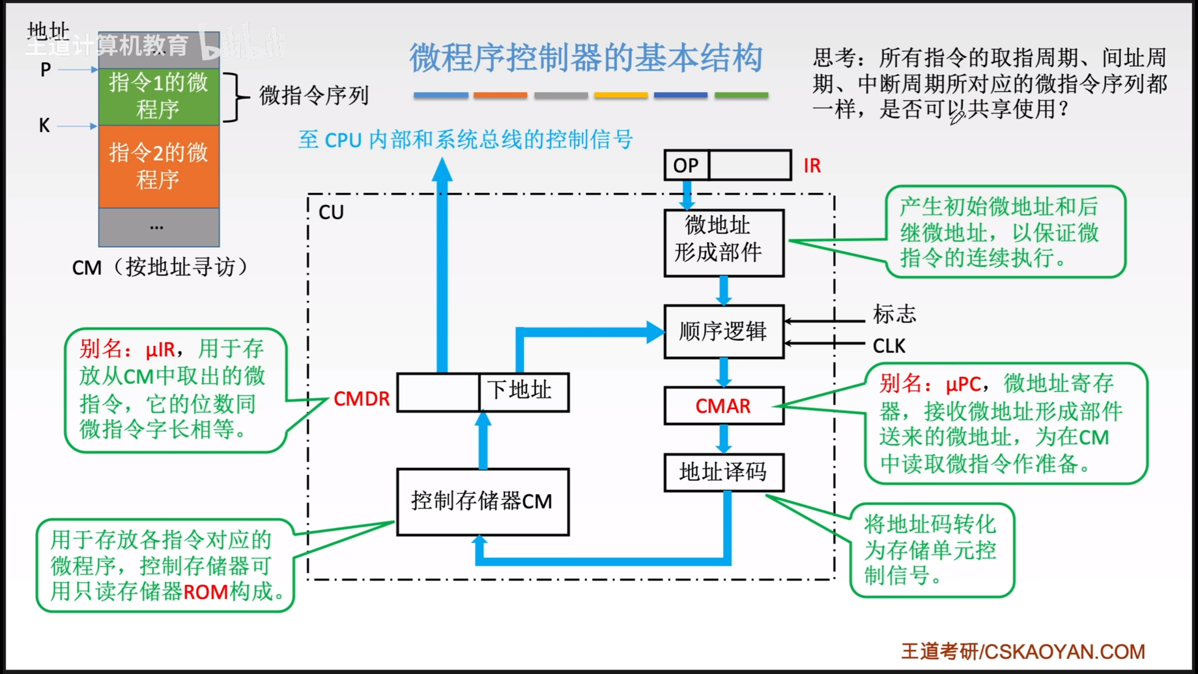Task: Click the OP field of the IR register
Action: (x=686, y=165)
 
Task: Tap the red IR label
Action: (x=812, y=166)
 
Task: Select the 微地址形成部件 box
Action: (x=723, y=242)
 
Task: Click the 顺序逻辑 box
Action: (x=723, y=331)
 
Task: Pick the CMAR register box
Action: (x=723, y=406)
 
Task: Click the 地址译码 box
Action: (x=723, y=472)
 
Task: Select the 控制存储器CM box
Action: (x=482, y=501)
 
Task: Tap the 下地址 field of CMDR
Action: (x=523, y=392)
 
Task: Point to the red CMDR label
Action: (x=361, y=399)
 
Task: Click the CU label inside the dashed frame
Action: (x=331, y=212)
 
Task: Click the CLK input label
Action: (x=889, y=346)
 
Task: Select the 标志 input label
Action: (x=894, y=314)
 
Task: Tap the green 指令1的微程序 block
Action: (x=159, y=96)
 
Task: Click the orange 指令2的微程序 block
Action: (x=159, y=166)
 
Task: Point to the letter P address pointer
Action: (x=45, y=70)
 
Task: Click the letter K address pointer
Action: (x=44, y=125)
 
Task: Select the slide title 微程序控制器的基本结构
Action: (x=586, y=58)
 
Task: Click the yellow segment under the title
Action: (x=621, y=95)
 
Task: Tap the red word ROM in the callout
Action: (x=205, y=592)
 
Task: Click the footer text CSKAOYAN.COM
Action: (x=1065, y=652)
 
